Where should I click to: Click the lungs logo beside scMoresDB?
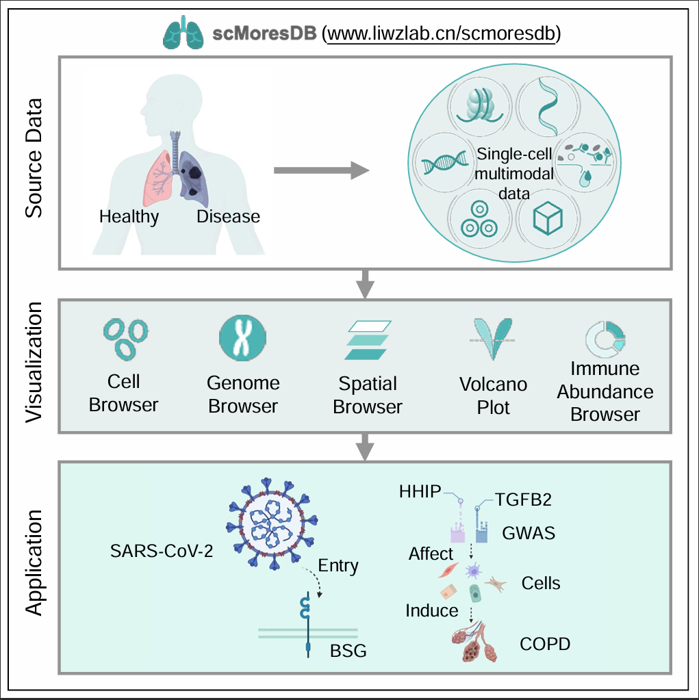click(x=183, y=34)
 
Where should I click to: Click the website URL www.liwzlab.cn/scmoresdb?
click(x=442, y=34)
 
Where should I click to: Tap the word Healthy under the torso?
click(x=129, y=217)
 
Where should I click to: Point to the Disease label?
click(x=228, y=217)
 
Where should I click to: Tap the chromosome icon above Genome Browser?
click(x=242, y=337)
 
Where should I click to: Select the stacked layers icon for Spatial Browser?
click(x=367, y=340)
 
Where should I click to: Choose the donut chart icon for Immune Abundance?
click(x=605, y=337)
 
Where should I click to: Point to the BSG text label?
click(x=348, y=650)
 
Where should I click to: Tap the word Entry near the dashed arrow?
click(x=338, y=566)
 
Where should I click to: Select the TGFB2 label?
click(x=523, y=500)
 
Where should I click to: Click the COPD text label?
click(x=544, y=644)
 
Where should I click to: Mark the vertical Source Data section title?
click(x=34, y=158)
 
